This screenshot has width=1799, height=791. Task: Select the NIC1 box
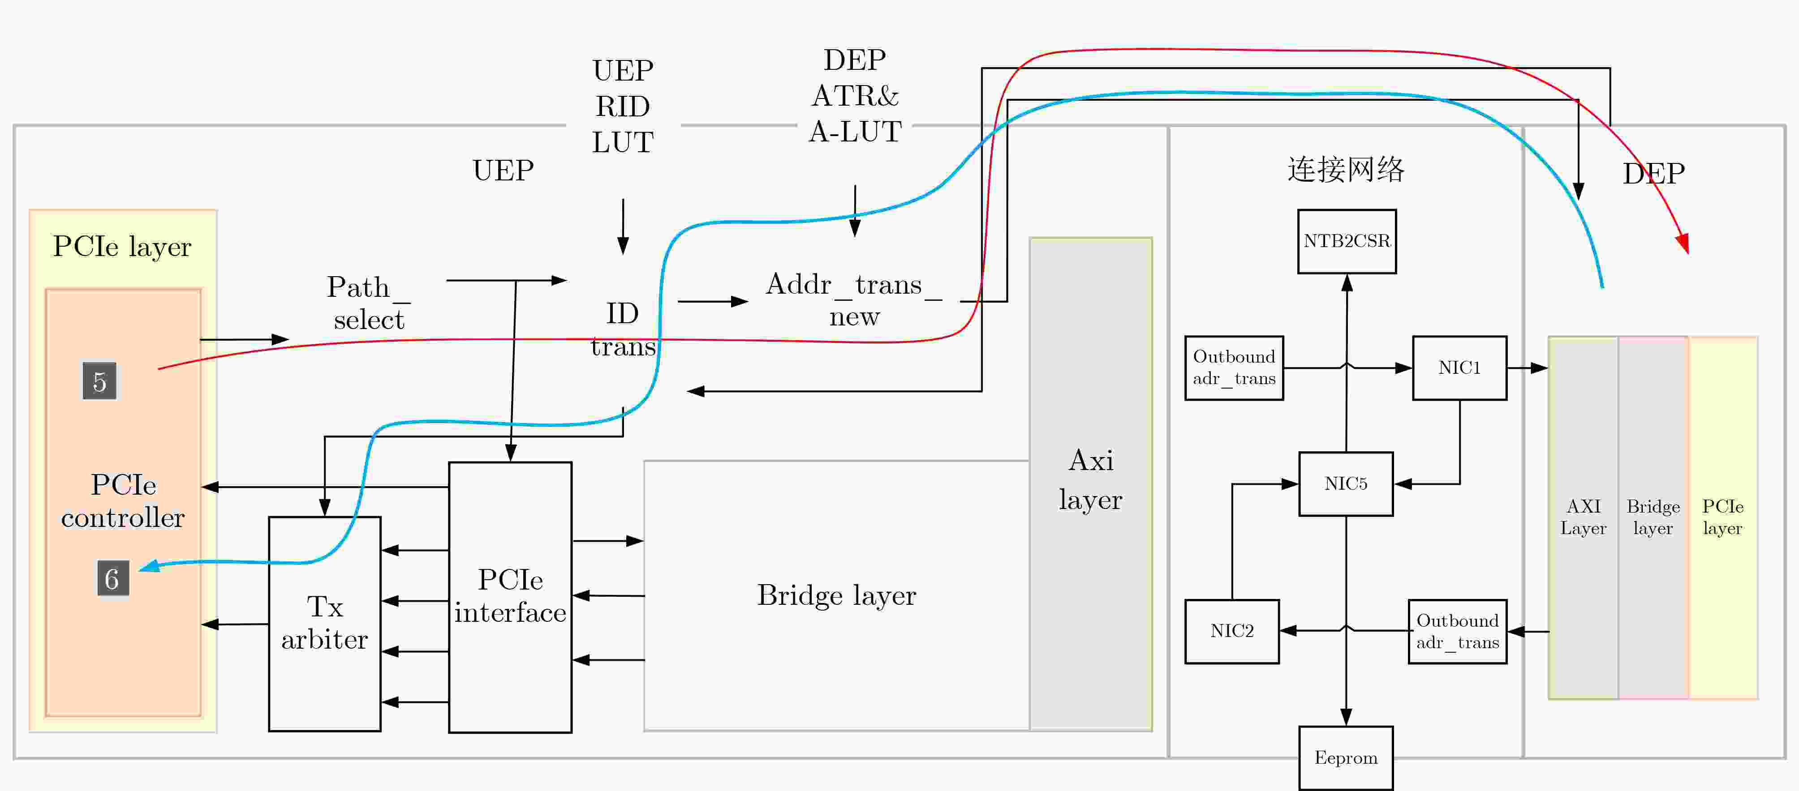(1459, 368)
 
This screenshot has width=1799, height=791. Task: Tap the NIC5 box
(1346, 484)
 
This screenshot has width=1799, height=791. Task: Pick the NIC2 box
(1232, 631)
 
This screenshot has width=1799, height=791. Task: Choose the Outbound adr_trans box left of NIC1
(1234, 368)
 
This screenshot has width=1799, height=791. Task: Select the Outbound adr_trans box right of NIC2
(1458, 631)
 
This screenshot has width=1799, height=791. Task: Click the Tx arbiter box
(325, 624)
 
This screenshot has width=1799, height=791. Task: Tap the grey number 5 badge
(99, 381)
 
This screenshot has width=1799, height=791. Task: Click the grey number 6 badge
(112, 579)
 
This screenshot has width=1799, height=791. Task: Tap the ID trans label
(622, 329)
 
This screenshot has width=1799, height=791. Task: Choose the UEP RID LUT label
(622, 106)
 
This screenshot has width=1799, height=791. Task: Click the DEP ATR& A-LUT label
(855, 96)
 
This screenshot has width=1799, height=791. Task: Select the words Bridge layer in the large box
(836, 595)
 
